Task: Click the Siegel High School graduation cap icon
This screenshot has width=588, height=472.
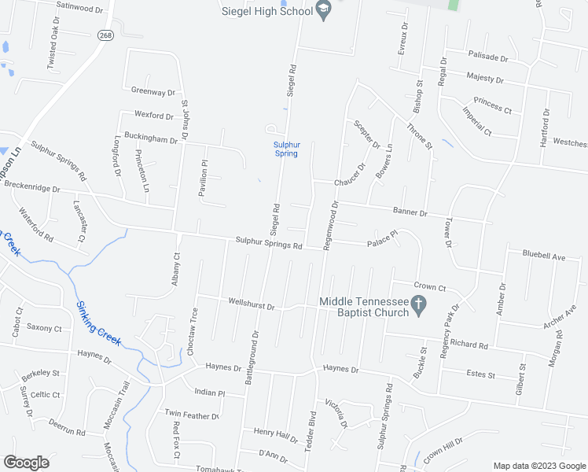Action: pyautogui.click(x=322, y=9)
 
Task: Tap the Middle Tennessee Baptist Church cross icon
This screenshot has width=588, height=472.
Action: pyautogui.click(x=419, y=303)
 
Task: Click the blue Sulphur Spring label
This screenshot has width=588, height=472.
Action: pyautogui.click(x=286, y=149)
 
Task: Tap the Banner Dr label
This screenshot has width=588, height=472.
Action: pyautogui.click(x=410, y=212)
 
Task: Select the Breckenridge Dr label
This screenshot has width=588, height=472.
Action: pyautogui.click(x=31, y=188)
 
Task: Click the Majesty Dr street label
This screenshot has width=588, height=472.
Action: pyautogui.click(x=484, y=78)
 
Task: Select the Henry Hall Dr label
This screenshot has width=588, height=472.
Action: pyautogui.click(x=276, y=432)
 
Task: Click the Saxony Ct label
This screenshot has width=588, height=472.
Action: pyautogui.click(x=43, y=327)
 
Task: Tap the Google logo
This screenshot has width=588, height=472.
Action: pyautogui.click(x=26, y=463)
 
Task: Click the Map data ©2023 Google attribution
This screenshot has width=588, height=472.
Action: pyautogui.click(x=538, y=466)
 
